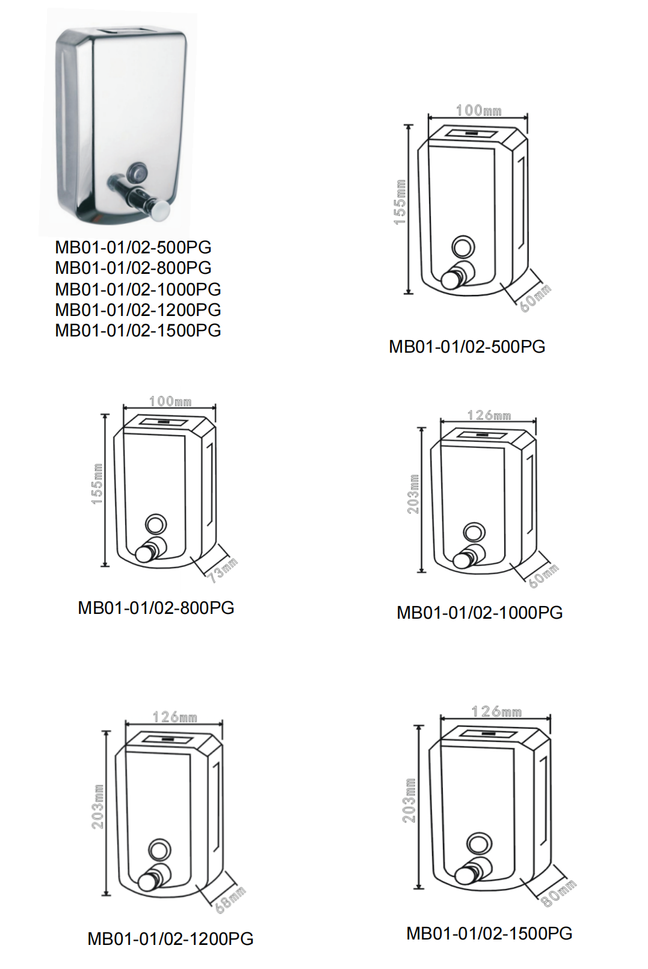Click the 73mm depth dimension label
(x=223, y=569)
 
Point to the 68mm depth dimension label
(x=230, y=900)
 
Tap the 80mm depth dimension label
(x=559, y=893)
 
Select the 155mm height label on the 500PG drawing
(x=400, y=202)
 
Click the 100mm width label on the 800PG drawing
(x=170, y=401)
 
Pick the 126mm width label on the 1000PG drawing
(x=489, y=415)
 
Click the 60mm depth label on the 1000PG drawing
(x=544, y=575)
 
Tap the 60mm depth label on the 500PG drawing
(x=535, y=298)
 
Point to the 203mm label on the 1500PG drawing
(x=409, y=800)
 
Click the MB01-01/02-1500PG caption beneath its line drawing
(x=489, y=933)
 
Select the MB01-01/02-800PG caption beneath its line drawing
(x=156, y=608)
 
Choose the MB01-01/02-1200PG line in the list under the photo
(x=138, y=310)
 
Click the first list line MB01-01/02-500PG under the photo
(x=133, y=247)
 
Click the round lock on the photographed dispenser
(x=137, y=172)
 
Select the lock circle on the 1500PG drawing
(x=479, y=843)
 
